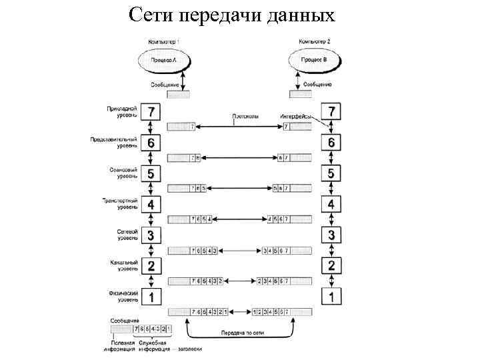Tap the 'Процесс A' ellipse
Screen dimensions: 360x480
pos(164,61)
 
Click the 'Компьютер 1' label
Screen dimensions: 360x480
pos(163,41)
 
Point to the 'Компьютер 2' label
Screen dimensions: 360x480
pos(315,41)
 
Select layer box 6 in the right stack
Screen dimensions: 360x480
pos(332,143)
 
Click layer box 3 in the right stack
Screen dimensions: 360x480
pos(332,235)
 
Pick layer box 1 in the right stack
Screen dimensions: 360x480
pos(332,296)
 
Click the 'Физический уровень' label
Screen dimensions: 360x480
pos(122,295)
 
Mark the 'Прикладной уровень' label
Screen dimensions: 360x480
pos(122,111)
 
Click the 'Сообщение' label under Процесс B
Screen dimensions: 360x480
pos(317,85)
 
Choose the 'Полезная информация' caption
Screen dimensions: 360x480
pos(119,345)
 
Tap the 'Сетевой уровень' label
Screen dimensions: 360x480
pos(123,234)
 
